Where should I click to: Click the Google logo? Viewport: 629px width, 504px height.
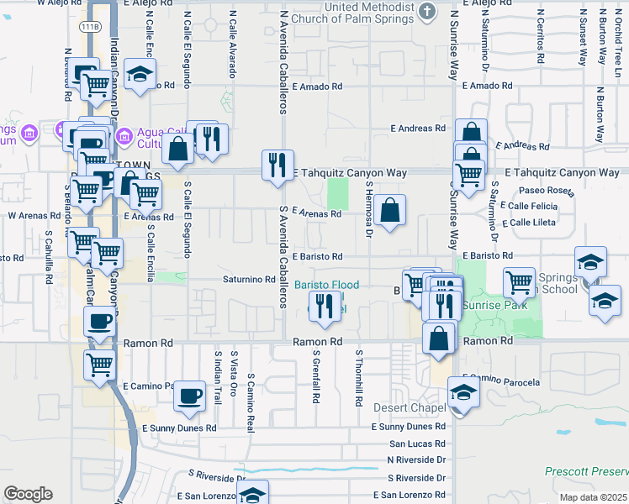pyautogui.click(x=28, y=494)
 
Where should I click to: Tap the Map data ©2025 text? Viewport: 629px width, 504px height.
pyautogui.click(x=595, y=497)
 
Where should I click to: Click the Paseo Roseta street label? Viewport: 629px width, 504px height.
pyautogui.click(x=548, y=192)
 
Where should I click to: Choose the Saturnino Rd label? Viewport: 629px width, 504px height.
pyautogui.click(x=249, y=279)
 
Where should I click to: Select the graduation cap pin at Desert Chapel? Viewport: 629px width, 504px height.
pyautogui.click(x=463, y=392)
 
